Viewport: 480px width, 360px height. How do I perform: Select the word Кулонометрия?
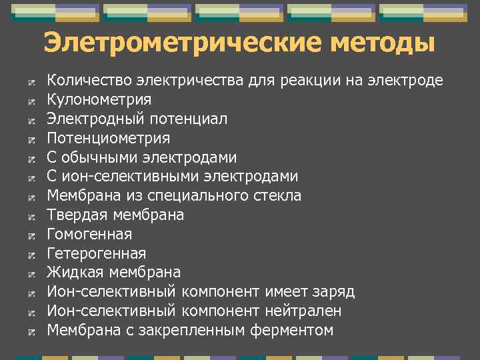[99, 100]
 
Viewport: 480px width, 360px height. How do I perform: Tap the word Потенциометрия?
[108, 139]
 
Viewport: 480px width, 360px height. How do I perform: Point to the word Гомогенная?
[89, 235]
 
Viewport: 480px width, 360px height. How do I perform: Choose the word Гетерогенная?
[96, 254]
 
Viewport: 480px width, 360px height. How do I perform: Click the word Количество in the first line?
[89, 81]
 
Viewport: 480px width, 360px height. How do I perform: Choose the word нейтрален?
[305, 311]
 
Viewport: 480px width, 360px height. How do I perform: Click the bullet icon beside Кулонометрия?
[31, 101]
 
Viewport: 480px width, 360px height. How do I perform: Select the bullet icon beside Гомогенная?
[31, 235]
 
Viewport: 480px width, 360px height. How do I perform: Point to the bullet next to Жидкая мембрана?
[31, 273]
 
